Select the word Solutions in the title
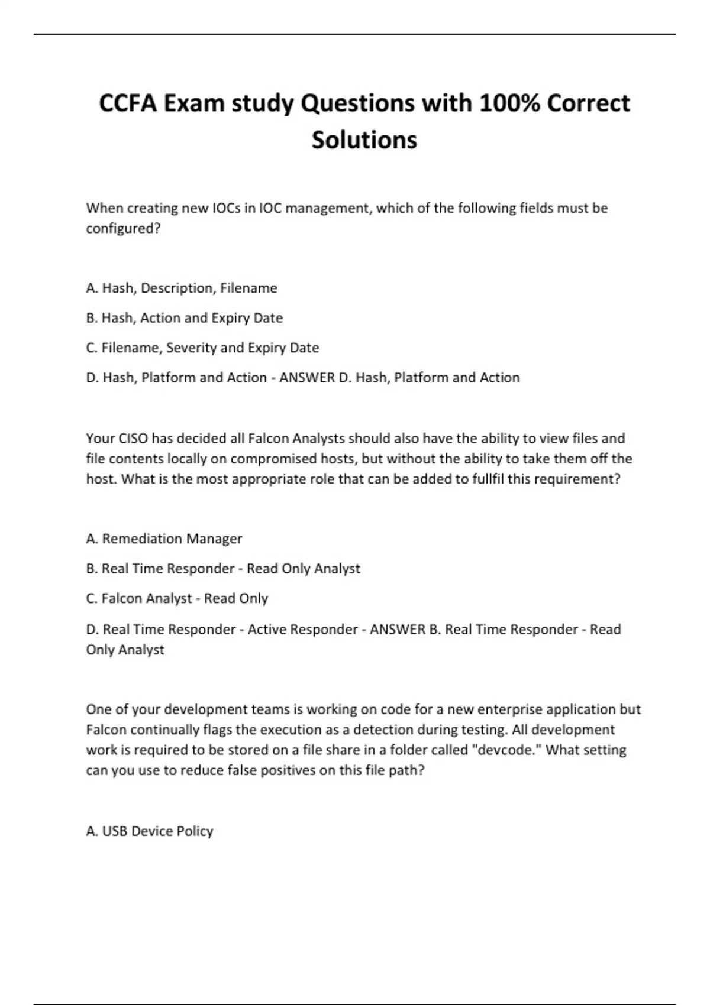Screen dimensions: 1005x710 364,140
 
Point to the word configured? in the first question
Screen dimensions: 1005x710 123,228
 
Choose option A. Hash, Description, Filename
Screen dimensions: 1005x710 182,288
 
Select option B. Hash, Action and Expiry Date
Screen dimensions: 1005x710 185,318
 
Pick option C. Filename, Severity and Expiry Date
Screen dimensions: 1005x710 202,348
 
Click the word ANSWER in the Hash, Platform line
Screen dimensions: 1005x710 306,378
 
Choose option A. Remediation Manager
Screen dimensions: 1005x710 164,539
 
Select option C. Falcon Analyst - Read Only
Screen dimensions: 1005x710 177,598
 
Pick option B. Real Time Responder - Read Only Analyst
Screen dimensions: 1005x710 223,569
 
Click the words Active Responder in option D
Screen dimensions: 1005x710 302,630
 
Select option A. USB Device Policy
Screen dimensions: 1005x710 150,831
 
